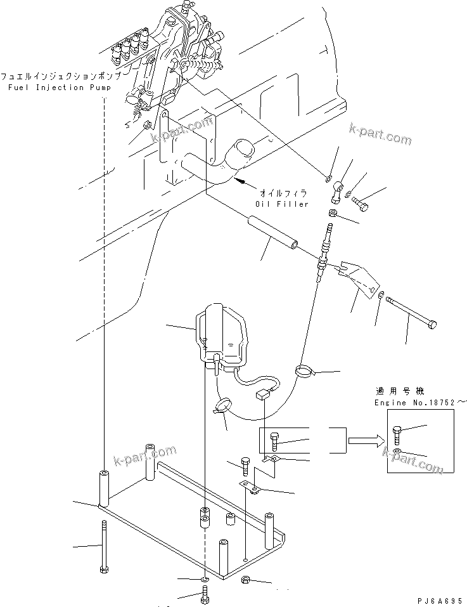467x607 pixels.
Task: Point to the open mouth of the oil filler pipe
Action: [x=239, y=152]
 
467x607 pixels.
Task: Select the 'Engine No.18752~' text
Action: [x=414, y=403]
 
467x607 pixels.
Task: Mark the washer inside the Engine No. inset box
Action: [x=396, y=452]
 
